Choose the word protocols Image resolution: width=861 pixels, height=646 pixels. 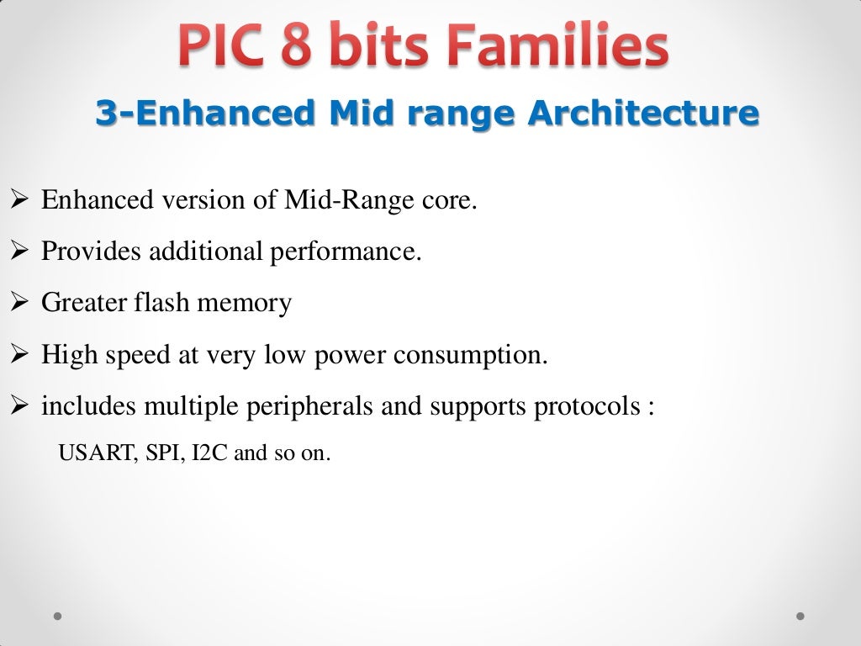[x=582, y=407]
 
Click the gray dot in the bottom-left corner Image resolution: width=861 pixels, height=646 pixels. [x=58, y=616]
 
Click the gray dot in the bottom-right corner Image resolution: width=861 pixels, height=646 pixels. [x=800, y=616]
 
